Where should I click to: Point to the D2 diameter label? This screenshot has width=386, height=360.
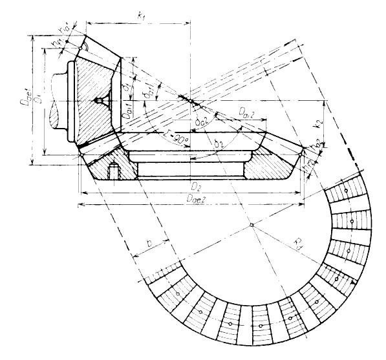click(x=193, y=185)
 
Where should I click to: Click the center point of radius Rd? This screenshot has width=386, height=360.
click(x=250, y=226)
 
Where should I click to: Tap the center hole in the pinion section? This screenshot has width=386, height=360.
click(x=98, y=101)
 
